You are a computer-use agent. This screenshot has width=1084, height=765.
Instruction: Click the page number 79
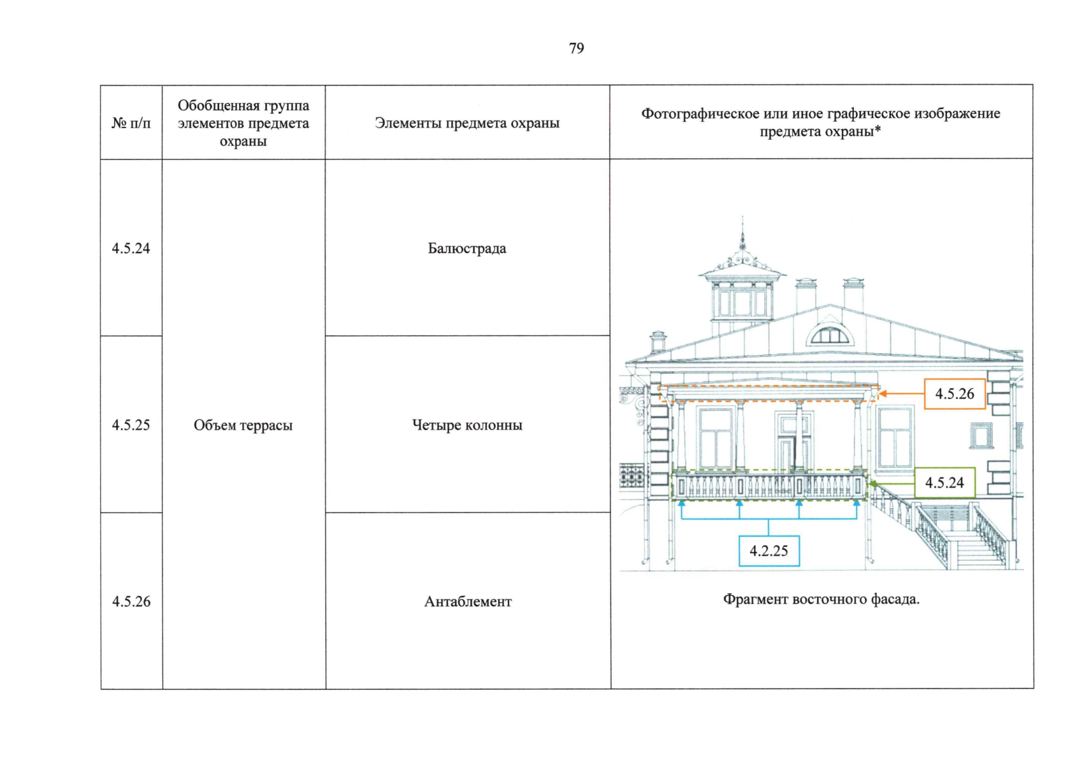(x=576, y=48)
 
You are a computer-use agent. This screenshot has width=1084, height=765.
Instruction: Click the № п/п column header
(x=131, y=123)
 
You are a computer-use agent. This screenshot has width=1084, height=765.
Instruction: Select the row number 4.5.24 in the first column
(x=131, y=249)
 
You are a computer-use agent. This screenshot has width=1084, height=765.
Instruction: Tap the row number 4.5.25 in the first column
(x=131, y=425)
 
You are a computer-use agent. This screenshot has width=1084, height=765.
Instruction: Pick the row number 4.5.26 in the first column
(x=131, y=602)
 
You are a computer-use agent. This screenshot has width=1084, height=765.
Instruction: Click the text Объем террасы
(x=243, y=425)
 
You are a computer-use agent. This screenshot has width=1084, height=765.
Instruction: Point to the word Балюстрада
(x=467, y=249)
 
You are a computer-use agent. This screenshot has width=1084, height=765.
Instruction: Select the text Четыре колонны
(x=467, y=425)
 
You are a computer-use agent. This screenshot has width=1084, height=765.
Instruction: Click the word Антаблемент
(x=468, y=602)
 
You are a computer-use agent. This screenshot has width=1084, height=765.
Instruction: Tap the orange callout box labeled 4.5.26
(x=955, y=394)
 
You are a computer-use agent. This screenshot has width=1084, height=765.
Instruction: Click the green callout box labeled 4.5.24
(x=944, y=483)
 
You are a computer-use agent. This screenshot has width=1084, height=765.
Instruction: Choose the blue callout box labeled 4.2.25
(x=769, y=551)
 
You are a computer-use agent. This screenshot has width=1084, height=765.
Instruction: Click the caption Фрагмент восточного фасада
(x=821, y=599)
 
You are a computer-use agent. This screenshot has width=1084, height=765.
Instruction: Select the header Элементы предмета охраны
(x=467, y=123)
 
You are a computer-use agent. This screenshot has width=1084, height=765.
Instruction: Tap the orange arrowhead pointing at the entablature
(x=883, y=394)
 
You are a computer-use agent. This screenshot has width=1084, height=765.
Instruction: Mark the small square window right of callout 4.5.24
(x=981, y=435)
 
